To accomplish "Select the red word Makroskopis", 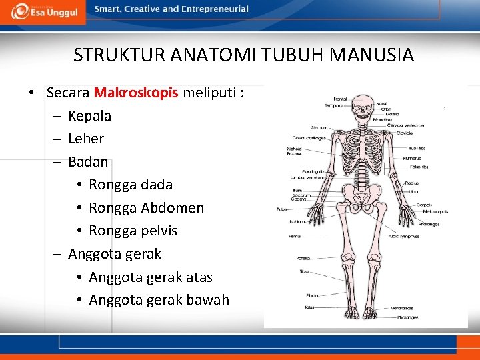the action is point(136,93).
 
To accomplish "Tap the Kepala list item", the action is point(89,116).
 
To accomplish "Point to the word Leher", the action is point(86,139).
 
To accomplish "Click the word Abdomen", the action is point(172,208).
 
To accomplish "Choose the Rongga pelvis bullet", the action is point(133,231).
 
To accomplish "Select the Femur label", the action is point(295,235).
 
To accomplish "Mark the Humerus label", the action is point(411,158).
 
